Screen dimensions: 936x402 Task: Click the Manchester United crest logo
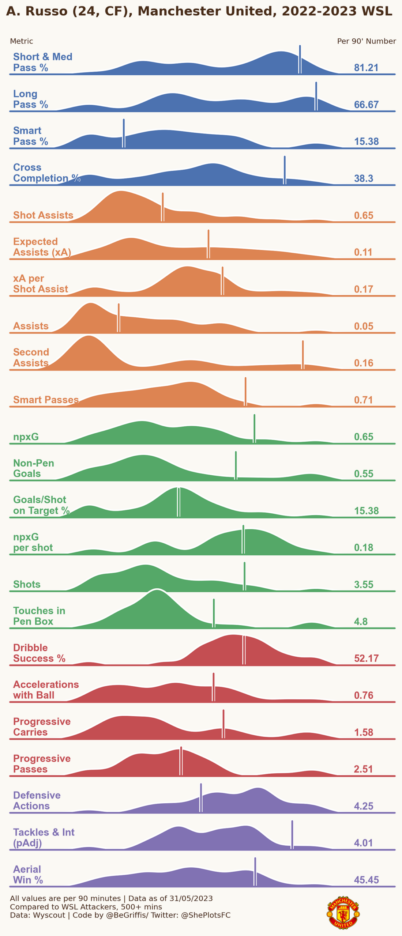coord(343,913)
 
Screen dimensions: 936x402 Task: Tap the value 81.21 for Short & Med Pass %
coord(366,68)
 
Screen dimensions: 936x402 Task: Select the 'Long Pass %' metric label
coord(30,99)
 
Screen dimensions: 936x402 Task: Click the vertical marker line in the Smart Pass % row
coord(124,133)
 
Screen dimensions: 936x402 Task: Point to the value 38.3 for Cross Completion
coord(363,178)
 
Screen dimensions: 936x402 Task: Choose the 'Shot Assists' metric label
coord(43,215)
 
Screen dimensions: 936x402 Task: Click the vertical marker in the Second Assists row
coord(303,355)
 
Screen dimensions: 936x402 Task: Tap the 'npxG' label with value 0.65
coord(26,437)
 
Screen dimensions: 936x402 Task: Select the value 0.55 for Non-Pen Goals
coord(363,473)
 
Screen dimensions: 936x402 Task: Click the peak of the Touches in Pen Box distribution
coord(157,590)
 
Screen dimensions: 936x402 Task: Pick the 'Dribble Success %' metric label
coord(39,653)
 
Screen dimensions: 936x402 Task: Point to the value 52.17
coord(366,658)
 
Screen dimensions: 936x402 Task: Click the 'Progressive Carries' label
coord(42,726)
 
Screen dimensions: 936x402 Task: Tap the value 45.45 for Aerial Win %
coord(366,880)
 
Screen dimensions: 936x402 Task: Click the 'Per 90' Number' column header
coord(366,41)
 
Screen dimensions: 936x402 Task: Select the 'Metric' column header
coord(21,41)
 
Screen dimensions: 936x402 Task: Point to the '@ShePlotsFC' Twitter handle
coord(206,915)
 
